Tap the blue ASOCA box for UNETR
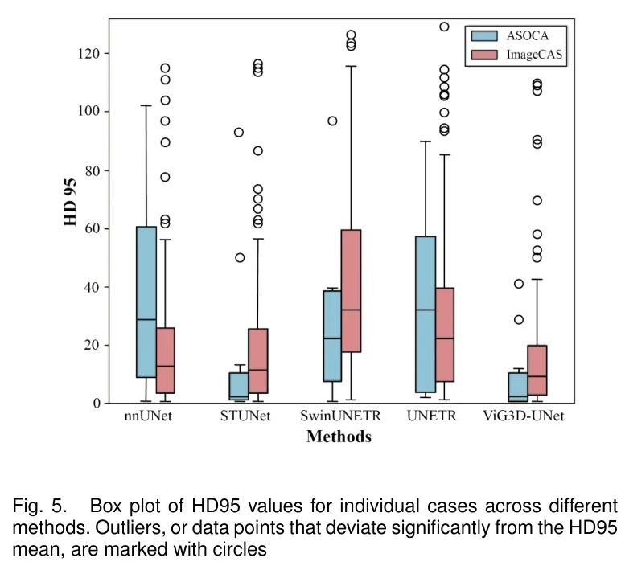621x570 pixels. (426, 314)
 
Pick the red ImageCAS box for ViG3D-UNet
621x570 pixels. (537, 371)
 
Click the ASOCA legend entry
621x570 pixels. (507, 35)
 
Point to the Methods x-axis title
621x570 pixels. (339, 437)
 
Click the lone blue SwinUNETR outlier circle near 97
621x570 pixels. (332, 121)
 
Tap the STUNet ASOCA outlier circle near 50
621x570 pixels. (239, 257)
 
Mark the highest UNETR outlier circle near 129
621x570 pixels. (444, 27)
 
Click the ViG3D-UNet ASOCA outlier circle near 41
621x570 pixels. (519, 284)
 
